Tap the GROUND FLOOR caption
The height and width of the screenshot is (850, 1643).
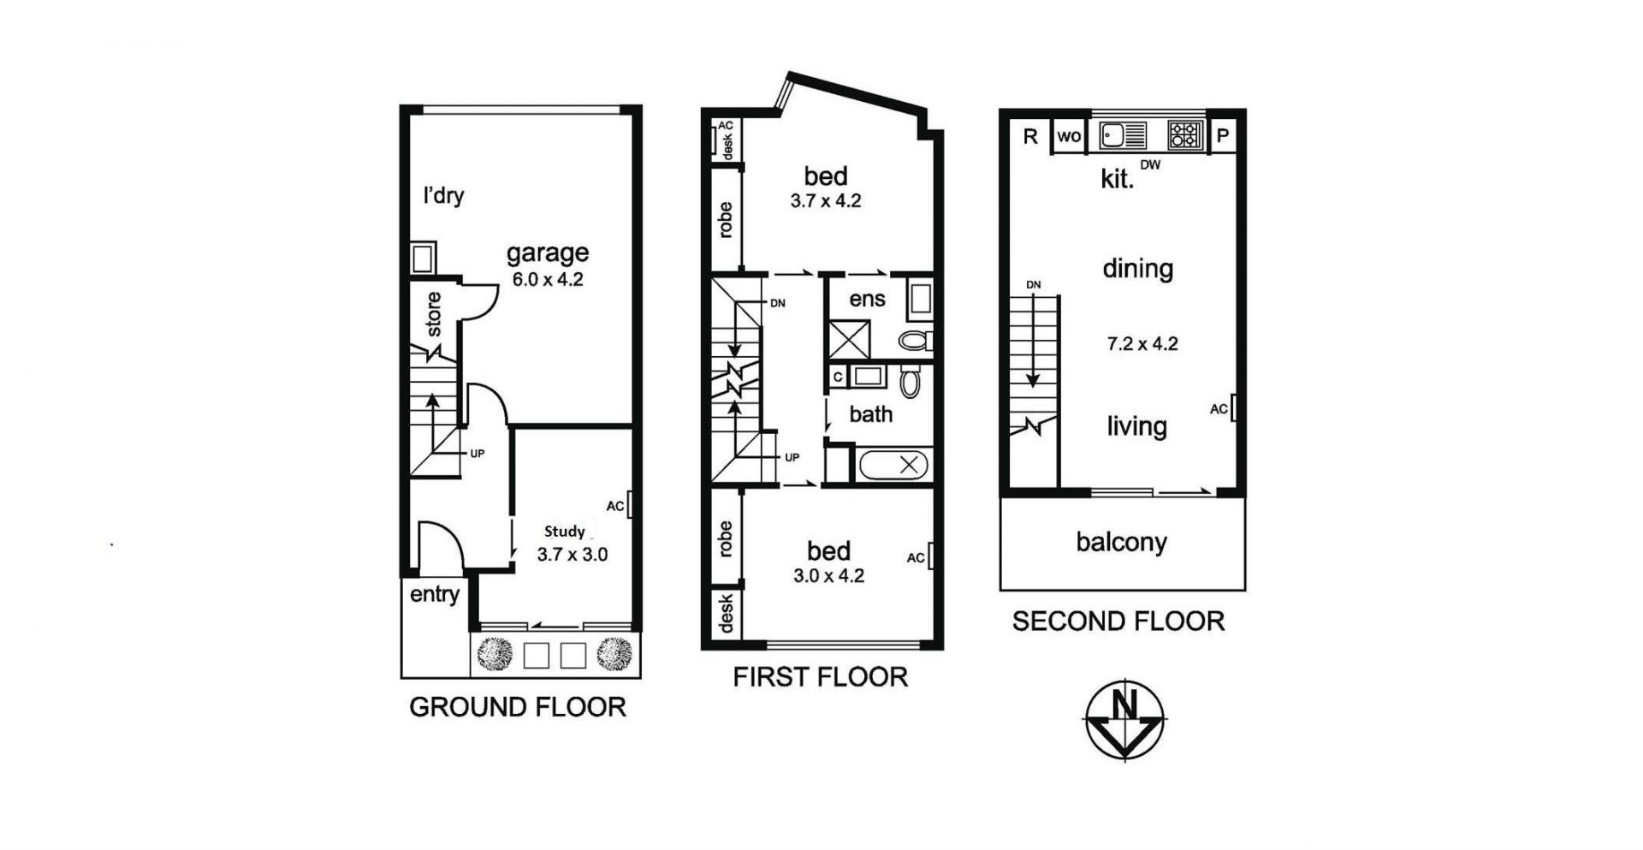click(518, 707)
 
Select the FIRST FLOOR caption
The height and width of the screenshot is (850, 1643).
click(820, 677)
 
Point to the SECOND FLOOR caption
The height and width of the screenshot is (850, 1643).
click(1118, 621)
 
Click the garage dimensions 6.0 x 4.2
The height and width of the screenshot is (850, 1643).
click(548, 279)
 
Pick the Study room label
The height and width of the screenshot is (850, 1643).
click(565, 532)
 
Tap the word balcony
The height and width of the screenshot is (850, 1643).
click(1122, 543)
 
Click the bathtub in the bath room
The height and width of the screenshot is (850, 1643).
click(893, 466)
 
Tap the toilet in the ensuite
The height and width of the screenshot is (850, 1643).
click(916, 341)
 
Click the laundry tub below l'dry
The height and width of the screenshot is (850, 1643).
click(423, 258)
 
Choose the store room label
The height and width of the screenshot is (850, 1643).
click(434, 314)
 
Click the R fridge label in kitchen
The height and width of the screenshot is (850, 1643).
click(1030, 136)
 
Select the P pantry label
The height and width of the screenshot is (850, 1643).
click(1223, 135)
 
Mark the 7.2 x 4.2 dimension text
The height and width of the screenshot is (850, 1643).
click(1142, 344)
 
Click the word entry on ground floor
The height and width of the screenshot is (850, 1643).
click(435, 595)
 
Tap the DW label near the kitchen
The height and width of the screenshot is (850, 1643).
click(1150, 165)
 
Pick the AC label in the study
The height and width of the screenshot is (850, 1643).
click(615, 506)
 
